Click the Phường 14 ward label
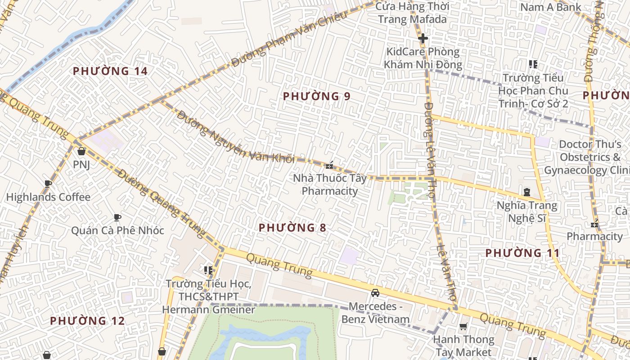point(110,71)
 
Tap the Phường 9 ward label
point(316,96)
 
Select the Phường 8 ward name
point(292,228)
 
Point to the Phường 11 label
point(522,253)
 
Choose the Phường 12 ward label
point(87,321)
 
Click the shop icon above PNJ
point(81,151)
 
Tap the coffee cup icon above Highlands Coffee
point(48,184)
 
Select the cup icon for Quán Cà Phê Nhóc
point(117,217)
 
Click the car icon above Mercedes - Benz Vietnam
point(375,293)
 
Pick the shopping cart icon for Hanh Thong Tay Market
point(463,326)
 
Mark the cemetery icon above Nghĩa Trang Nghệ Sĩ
point(526,192)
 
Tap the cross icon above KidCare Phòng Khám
point(423,39)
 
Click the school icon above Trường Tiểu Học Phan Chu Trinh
point(533,64)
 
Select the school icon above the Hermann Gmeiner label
point(208,270)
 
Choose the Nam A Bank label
point(550,7)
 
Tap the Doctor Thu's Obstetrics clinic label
point(589,157)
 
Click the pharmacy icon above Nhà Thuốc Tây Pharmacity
point(329,165)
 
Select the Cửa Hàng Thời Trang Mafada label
point(412,13)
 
